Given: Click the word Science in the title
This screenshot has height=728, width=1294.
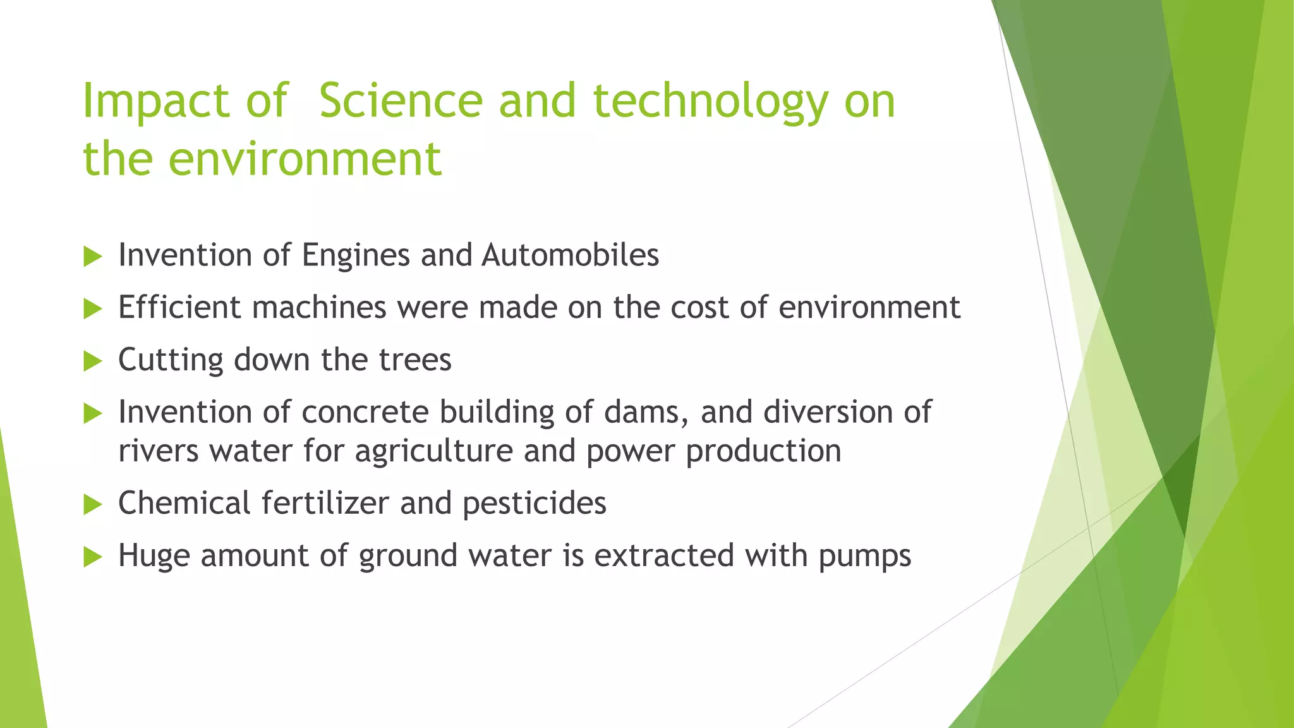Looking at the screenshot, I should pos(401,101).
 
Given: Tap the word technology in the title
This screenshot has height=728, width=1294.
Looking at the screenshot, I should pos(710,102).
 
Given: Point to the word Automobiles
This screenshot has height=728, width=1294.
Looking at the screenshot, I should pos(570,255).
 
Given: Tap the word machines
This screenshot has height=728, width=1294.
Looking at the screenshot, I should pos(319,308).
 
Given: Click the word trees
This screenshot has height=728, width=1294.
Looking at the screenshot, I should pos(415,360).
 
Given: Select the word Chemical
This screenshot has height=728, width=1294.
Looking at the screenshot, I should pos(184,504).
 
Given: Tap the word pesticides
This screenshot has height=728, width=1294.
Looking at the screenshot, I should pos(535,504).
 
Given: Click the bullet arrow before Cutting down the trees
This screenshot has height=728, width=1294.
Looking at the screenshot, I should pos(92,361).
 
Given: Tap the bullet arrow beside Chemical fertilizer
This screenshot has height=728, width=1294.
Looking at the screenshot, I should pos(92,505).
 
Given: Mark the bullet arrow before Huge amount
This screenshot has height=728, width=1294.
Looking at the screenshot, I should pos(92,557).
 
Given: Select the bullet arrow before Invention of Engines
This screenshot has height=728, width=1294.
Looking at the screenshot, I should pos(92,257).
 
